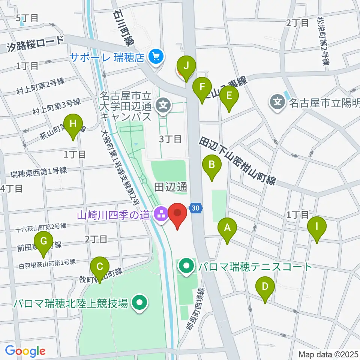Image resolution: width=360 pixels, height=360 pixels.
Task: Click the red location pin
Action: [x=177, y=214]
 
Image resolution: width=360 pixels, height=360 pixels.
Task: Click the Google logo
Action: [x=25, y=351]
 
